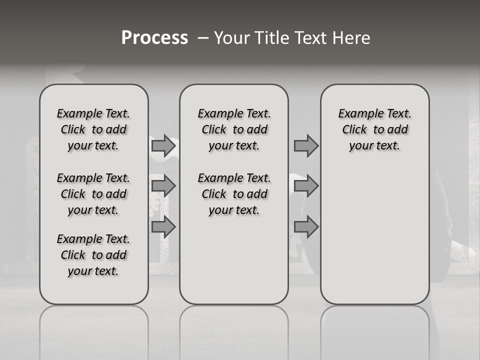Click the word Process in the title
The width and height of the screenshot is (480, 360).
tap(154, 38)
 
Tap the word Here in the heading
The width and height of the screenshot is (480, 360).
tap(352, 38)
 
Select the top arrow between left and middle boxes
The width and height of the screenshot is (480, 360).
tap(163, 145)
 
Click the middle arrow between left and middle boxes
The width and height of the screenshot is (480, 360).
tap(163, 186)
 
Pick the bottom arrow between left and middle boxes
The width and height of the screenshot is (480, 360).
tap(163, 227)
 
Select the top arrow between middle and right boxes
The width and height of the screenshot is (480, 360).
tap(306, 145)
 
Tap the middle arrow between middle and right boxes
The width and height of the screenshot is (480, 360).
tap(306, 186)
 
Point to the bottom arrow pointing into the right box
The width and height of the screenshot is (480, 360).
tap(306, 227)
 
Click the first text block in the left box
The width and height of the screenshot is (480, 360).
tap(93, 129)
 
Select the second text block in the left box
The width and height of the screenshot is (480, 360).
tap(93, 194)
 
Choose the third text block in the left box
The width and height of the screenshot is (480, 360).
tap(93, 255)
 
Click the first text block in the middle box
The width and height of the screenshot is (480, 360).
tap(234, 129)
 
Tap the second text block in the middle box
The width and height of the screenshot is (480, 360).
tap(234, 194)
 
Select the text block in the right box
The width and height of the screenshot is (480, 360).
tap(374, 129)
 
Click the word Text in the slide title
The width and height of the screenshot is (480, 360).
tap(314, 38)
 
